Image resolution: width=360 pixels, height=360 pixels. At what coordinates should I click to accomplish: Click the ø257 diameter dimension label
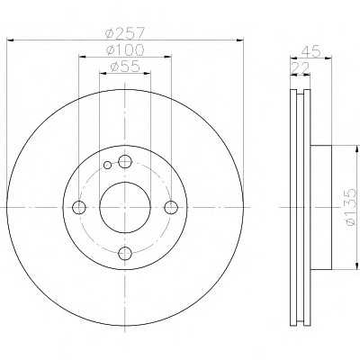(x=125, y=32)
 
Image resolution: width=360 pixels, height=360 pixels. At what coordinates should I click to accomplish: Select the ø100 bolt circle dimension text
(x=125, y=49)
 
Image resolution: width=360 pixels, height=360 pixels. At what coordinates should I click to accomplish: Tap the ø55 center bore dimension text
(x=125, y=67)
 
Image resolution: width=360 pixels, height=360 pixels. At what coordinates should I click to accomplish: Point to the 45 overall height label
(x=310, y=51)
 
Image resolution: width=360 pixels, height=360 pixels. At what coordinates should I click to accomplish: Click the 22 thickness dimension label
(x=301, y=68)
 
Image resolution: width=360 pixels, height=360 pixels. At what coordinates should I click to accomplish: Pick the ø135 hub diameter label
(x=350, y=207)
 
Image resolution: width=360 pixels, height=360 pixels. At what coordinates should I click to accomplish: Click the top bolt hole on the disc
(x=125, y=162)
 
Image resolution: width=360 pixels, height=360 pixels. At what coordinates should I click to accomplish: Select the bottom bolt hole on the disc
(x=125, y=254)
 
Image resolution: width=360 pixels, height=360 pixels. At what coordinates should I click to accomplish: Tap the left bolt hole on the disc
(x=79, y=207)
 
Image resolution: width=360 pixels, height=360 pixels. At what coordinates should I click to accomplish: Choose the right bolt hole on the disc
(x=171, y=207)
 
